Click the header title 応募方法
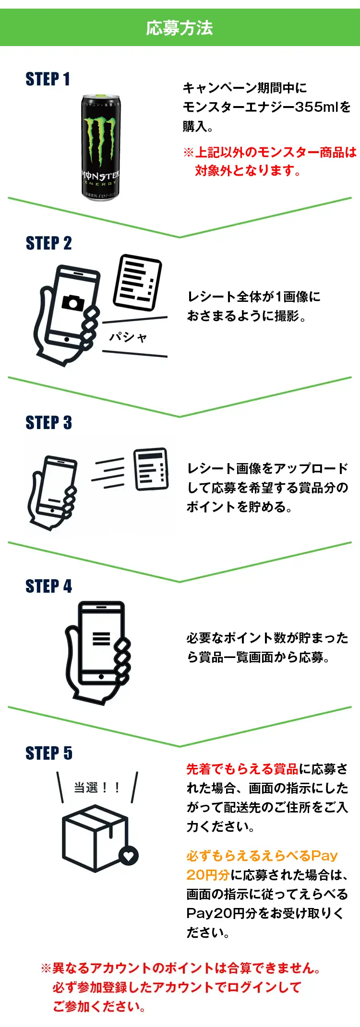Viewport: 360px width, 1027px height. [180, 28]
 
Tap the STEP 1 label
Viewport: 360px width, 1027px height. [48, 79]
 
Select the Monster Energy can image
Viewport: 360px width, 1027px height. [100, 147]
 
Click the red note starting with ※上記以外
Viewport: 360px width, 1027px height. [269, 153]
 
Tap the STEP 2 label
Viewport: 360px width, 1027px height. [48, 243]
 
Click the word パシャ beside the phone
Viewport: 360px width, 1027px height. [128, 337]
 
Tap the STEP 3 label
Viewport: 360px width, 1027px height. [48, 423]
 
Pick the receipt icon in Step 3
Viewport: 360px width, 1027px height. [151, 469]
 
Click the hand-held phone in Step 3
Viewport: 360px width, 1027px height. [53, 492]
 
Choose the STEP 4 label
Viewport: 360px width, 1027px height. [48, 586]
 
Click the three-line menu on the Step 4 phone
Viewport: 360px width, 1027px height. [101, 638]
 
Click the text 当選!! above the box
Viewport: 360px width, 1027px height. [96, 788]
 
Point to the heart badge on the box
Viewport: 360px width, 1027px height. [128, 855]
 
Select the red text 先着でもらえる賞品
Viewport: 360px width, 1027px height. [242, 769]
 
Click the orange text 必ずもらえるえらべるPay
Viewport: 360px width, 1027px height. [262, 856]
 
